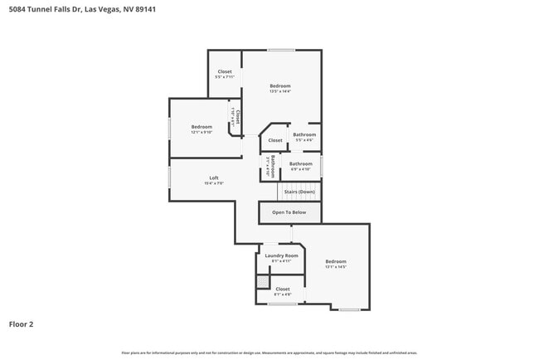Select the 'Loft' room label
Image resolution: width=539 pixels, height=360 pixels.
tap(214, 178)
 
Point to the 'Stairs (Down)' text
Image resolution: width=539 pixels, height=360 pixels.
tap(299, 192)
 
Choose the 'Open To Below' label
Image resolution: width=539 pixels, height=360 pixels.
tap(289, 212)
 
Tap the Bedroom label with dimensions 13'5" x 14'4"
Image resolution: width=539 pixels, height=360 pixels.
tap(279, 86)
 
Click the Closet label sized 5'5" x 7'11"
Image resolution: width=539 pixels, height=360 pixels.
tap(225, 72)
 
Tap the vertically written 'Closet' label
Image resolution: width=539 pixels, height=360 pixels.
tap(238, 118)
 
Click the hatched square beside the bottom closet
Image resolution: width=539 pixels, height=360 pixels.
tap(262, 283)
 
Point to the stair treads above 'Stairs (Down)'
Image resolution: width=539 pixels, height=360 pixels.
tap(300, 182)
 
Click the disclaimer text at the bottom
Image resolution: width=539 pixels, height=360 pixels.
tap(269, 353)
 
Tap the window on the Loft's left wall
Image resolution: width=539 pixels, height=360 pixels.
tap(170, 178)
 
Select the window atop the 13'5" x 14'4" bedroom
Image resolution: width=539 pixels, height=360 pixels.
tap(281, 50)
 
